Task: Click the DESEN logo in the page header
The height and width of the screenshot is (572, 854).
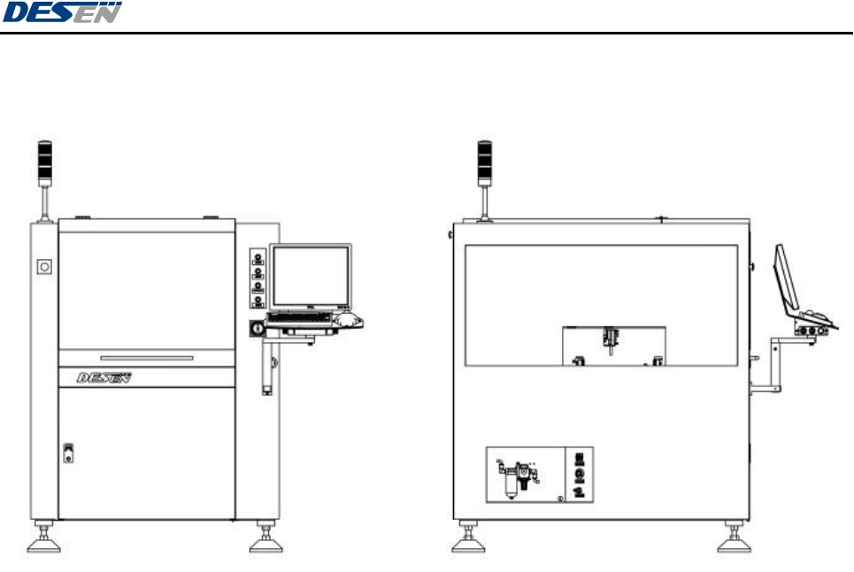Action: [63, 13]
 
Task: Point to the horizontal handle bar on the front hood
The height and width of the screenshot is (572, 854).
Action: [146, 357]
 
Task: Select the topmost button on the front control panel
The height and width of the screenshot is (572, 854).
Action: [258, 258]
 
